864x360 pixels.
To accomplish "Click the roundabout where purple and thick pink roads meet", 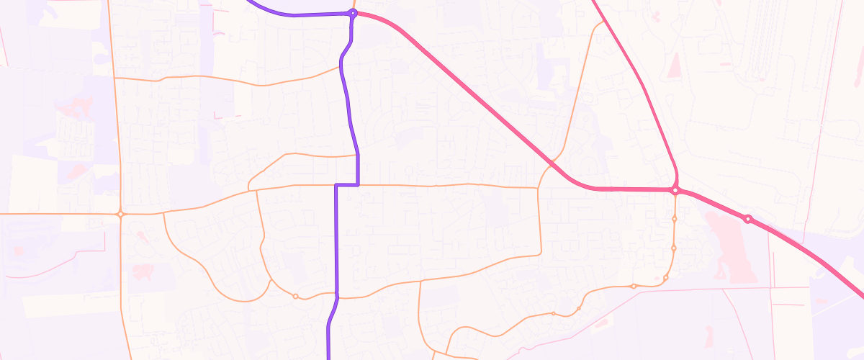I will point(353,13).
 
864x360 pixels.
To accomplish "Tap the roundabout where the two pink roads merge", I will point(675,190).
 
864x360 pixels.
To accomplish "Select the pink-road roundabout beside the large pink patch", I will point(748,218).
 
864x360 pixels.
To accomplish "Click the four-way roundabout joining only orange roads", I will point(121,214).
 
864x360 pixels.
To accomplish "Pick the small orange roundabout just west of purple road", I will point(295,296).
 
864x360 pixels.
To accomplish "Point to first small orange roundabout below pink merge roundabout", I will point(675,218).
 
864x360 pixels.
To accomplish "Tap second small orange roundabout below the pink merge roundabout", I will point(673,248).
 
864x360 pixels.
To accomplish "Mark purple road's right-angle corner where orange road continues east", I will point(358,185).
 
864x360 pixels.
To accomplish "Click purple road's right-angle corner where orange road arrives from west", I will point(336,186).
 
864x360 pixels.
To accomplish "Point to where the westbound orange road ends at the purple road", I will point(341,68).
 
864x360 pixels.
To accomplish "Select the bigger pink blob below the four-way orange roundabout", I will point(143,272).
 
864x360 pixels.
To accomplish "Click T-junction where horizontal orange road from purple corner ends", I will point(539,189).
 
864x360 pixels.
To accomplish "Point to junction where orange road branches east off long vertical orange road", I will point(114,77).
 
